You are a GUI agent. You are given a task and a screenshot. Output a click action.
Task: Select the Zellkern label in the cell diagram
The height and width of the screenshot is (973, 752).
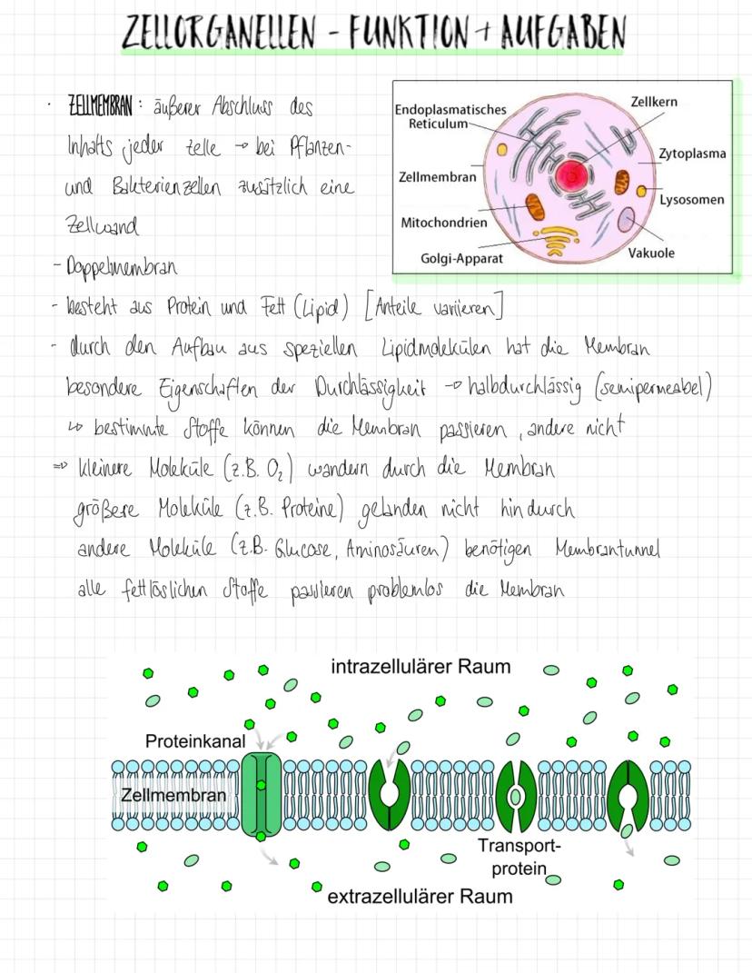(x=654, y=103)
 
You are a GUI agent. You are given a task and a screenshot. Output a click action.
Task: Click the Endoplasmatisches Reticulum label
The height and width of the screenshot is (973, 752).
(x=450, y=116)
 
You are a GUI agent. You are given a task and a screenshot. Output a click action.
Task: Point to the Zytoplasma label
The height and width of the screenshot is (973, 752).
(x=692, y=154)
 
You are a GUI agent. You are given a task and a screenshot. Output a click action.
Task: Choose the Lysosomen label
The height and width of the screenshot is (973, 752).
(x=692, y=199)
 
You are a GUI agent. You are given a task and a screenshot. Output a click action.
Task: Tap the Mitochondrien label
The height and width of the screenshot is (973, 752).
(x=444, y=222)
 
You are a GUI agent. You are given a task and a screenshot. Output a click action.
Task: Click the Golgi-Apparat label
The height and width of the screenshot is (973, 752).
(x=461, y=258)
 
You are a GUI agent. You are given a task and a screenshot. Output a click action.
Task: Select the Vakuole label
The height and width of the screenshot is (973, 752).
(x=651, y=253)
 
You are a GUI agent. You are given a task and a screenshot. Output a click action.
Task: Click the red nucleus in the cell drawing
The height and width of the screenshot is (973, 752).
(x=574, y=176)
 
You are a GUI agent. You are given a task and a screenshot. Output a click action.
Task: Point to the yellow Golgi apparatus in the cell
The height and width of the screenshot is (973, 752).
(x=554, y=239)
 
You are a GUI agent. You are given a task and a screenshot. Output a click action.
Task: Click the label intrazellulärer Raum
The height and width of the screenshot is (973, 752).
(x=421, y=667)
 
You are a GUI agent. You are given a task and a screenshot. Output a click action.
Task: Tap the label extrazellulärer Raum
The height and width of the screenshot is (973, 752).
(x=420, y=897)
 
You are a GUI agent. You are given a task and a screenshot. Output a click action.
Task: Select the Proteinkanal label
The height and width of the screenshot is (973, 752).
(x=195, y=741)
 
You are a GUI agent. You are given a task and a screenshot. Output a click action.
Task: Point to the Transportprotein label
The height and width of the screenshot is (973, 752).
(x=519, y=857)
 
